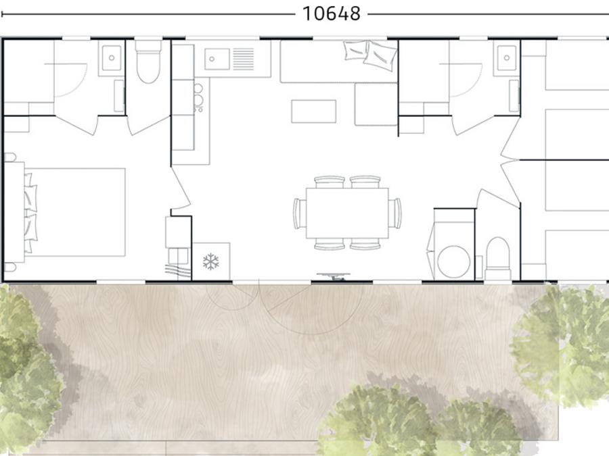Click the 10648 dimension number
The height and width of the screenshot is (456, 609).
click(x=332, y=14)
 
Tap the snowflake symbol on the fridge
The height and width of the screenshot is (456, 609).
click(x=211, y=261)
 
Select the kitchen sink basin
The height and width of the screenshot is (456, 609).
click(x=217, y=59)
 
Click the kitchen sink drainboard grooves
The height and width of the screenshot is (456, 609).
click(x=244, y=59)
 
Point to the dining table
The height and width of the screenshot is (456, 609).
click(x=347, y=213)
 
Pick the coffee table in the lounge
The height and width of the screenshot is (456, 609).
click(x=314, y=111)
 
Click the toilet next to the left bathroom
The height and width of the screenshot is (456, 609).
click(x=148, y=61)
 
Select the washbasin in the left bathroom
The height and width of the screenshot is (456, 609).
click(x=112, y=58)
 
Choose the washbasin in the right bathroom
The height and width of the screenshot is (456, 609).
click(x=506, y=58)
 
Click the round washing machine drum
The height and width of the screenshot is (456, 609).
click(x=453, y=261)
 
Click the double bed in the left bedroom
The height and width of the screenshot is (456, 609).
click(x=74, y=212)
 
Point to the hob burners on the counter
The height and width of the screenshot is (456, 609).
click(x=198, y=97)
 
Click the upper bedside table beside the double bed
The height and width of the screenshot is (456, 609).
click(x=9, y=157)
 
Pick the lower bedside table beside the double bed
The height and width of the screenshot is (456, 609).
click(x=9, y=267)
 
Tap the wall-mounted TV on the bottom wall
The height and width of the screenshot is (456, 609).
click(x=333, y=276)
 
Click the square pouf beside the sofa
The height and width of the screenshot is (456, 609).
click(x=376, y=104)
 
